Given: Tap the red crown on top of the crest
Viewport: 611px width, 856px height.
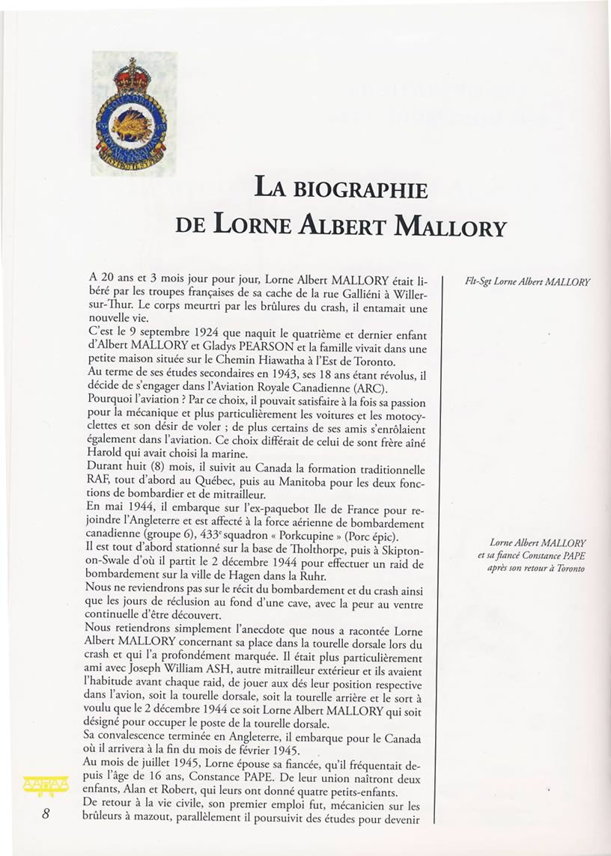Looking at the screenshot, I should pos(133,76).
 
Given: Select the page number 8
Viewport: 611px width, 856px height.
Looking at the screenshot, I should pos(46,814).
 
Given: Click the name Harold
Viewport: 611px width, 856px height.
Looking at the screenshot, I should pos(110,453).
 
